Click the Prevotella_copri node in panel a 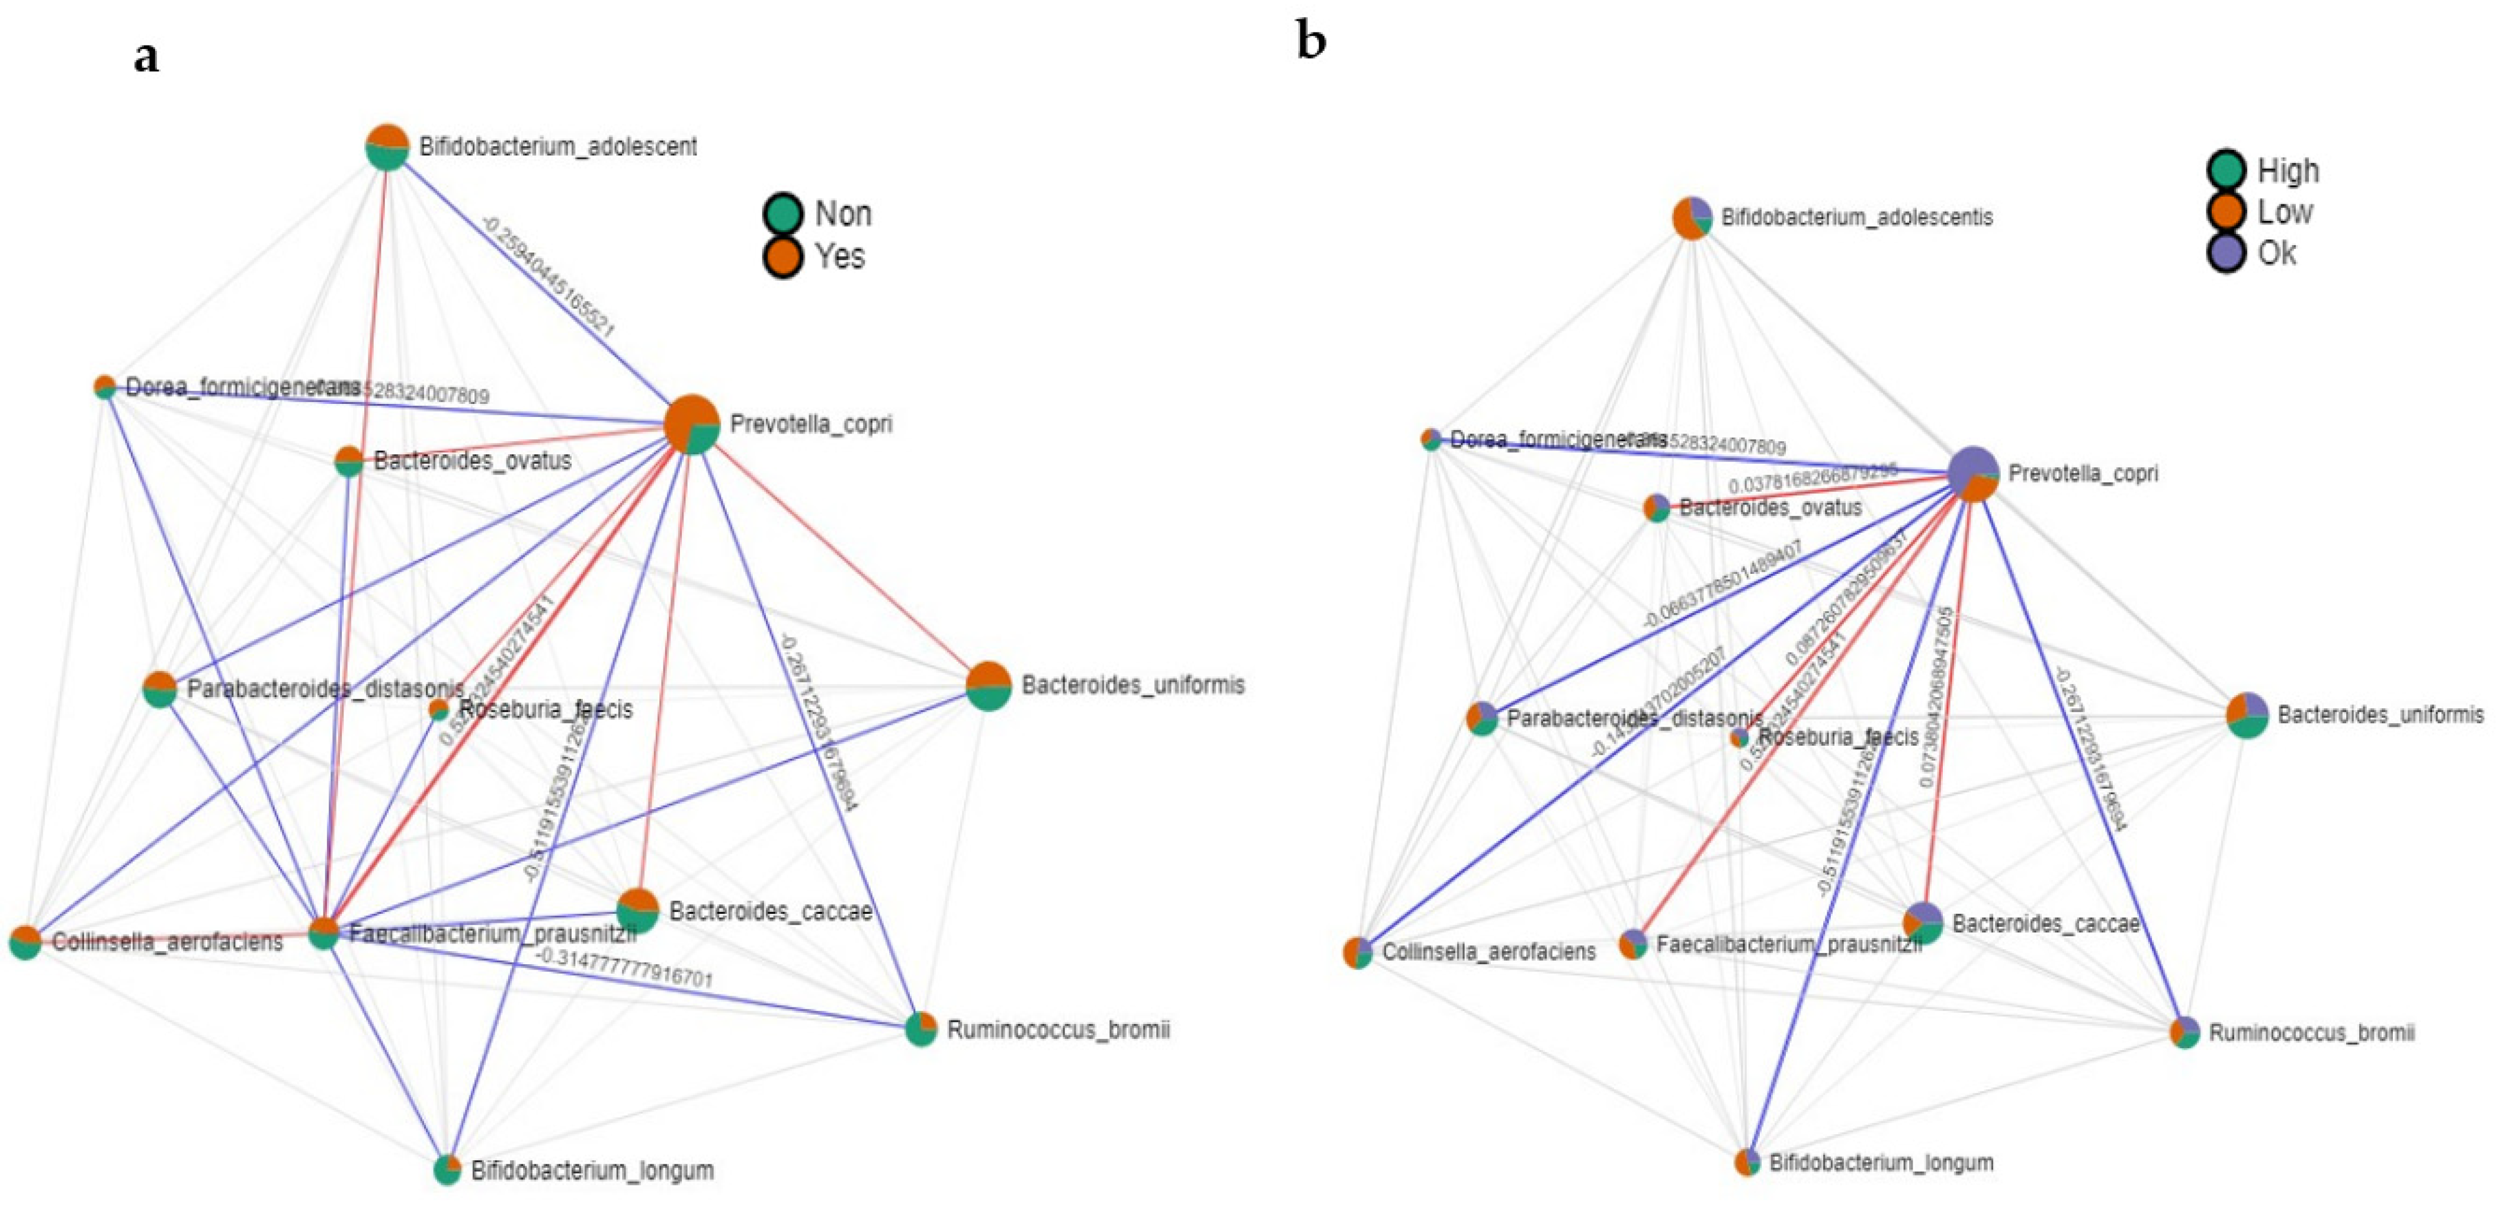click(x=692, y=424)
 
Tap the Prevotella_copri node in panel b click(x=1973, y=474)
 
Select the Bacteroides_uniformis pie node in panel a click(x=989, y=686)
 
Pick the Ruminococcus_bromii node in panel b click(x=2184, y=1032)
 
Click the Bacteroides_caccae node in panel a click(x=637, y=910)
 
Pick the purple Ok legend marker click(x=2227, y=253)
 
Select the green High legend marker click(x=2227, y=170)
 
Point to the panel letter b click(x=1311, y=41)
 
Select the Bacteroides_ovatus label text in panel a click(x=473, y=461)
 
